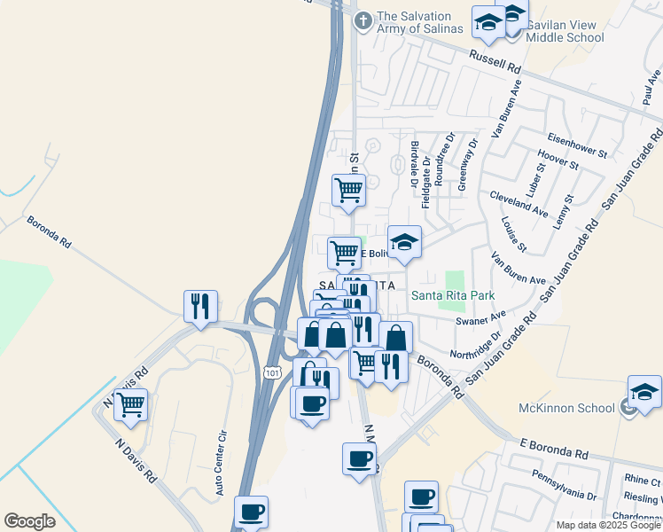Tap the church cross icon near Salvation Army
(362, 20)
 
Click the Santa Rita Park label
(452, 295)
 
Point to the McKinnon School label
(567, 409)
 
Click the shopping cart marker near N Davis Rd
(130, 405)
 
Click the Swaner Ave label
(480, 317)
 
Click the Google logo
(29, 520)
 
